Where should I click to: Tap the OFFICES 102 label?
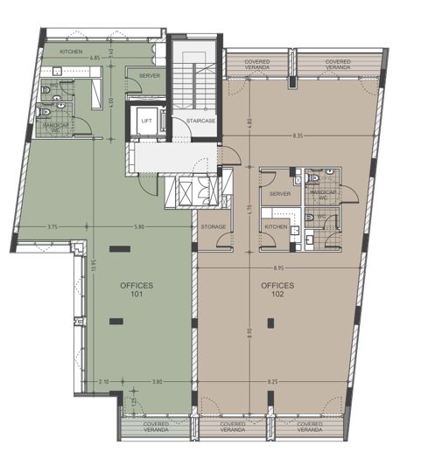(277, 289)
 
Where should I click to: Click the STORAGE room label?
(213, 227)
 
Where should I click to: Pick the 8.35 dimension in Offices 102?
(298, 136)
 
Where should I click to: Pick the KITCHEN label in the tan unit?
(277, 227)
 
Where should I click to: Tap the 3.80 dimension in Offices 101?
(158, 382)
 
